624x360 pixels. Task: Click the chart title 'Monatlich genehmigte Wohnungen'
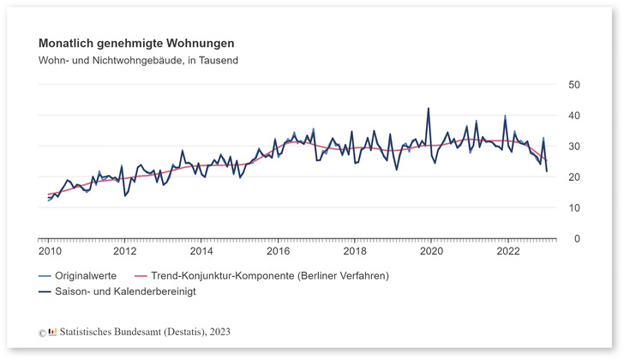pyautogui.click(x=136, y=43)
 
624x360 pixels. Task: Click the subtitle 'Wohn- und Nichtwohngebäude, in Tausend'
pyautogui.click(x=138, y=61)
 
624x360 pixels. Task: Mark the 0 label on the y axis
pyautogui.click(x=573, y=238)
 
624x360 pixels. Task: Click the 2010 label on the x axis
pyautogui.click(x=48, y=252)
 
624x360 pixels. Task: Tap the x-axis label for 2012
pyautogui.click(x=125, y=252)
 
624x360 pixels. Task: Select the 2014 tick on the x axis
pyautogui.click(x=201, y=252)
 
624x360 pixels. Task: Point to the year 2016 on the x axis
pyautogui.click(x=279, y=252)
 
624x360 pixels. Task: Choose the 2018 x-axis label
pyautogui.click(x=355, y=252)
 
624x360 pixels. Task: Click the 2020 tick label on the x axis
pyautogui.click(x=432, y=252)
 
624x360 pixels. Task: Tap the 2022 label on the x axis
pyautogui.click(x=508, y=252)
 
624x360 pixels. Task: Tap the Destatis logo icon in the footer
pyautogui.click(x=53, y=331)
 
